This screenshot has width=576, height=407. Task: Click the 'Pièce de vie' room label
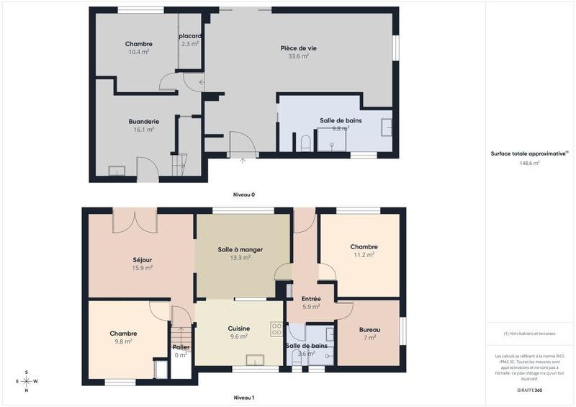299,48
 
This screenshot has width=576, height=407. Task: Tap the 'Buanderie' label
144,122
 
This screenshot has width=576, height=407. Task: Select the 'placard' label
190,36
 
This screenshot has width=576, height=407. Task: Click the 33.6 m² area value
299,56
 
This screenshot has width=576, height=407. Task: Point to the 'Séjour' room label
143,260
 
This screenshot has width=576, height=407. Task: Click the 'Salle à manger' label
240,250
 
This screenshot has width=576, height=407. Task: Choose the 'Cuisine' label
238,328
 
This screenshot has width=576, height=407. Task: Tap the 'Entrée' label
311,299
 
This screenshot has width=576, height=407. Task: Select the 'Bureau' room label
370,330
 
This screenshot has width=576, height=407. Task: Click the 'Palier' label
181,347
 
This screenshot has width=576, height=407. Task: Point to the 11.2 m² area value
364,255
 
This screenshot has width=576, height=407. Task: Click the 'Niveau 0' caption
244,195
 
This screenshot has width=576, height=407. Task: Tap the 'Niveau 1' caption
244,397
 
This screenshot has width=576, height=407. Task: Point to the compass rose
27,381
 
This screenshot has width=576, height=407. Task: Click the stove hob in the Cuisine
276,328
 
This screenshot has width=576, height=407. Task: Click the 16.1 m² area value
144,130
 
